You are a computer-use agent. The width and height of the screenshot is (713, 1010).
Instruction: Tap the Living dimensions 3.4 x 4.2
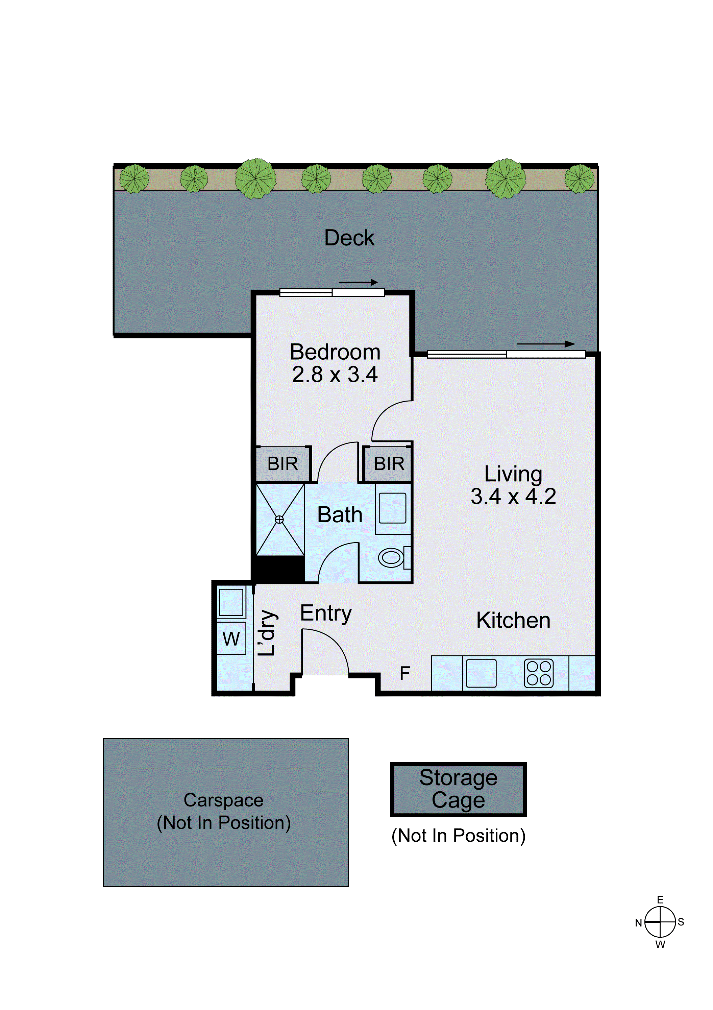pyautogui.click(x=513, y=497)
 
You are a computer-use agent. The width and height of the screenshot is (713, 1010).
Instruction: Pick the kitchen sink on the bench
pyautogui.click(x=481, y=673)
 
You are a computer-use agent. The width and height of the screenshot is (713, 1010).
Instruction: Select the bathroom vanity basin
pyautogui.click(x=392, y=508)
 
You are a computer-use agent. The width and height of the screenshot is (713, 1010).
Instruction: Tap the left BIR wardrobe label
pyautogui.click(x=282, y=464)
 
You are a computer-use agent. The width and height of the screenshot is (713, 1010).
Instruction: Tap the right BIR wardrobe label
pyautogui.click(x=389, y=464)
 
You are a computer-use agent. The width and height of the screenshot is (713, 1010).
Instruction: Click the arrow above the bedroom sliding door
pyautogui.click(x=358, y=282)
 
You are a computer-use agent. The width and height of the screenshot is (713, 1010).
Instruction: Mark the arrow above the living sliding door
pyautogui.click(x=545, y=344)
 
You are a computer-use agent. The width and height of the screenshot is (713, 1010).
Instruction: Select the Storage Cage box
pyautogui.click(x=458, y=789)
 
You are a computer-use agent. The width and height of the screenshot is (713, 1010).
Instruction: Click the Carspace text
pyautogui.click(x=223, y=800)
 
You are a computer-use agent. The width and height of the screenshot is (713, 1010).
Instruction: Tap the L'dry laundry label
pyautogui.click(x=267, y=633)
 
